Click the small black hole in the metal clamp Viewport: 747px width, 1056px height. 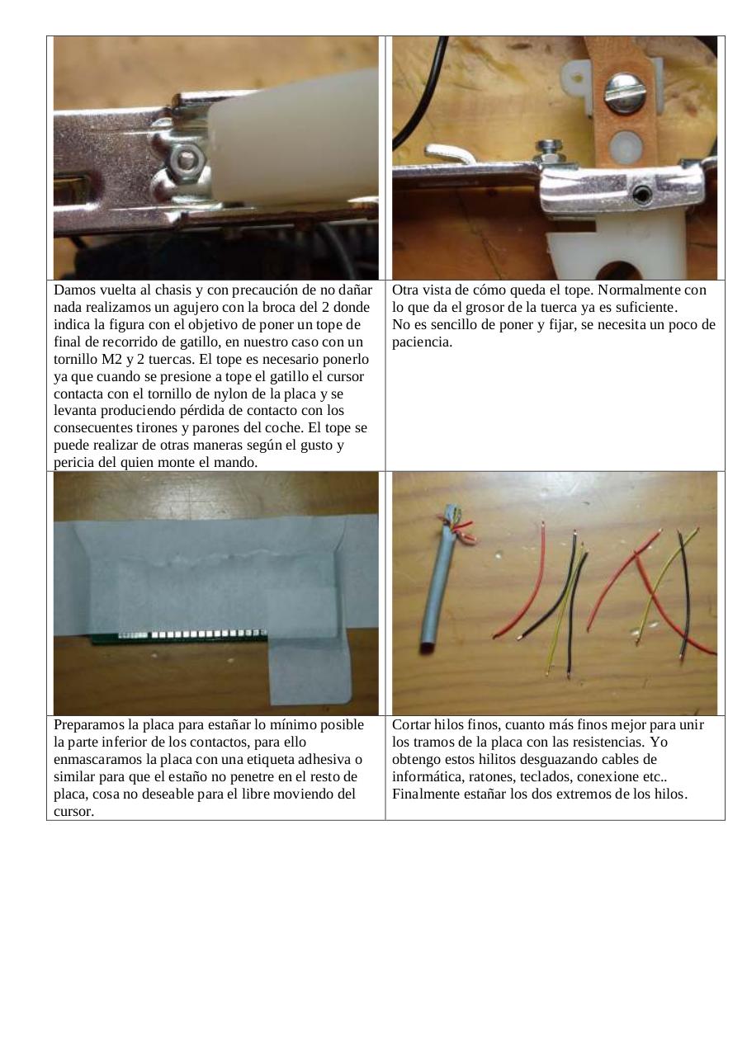coord(642,195)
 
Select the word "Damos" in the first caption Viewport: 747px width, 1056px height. coord(75,290)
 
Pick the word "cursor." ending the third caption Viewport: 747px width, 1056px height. coord(74,812)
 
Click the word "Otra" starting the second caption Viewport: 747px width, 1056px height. coord(406,290)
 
